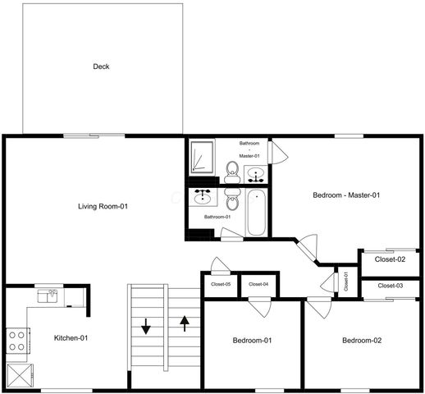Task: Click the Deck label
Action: [x=101, y=66]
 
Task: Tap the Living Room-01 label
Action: [x=102, y=206]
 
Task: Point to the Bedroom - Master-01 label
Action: [x=346, y=195]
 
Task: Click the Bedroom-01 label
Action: [x=252, y=340]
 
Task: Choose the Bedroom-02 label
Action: [x=362, y=340]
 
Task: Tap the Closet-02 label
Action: [x=390, y=259]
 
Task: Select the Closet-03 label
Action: [x=391, y=286]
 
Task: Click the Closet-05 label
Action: [x=220, y=284]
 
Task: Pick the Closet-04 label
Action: [x=258, y=284]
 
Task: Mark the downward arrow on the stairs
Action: [x=146, y=326]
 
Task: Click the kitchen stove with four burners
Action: [x=17, y=341]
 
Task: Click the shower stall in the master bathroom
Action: [x=202, y=157]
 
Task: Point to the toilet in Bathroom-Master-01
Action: [x=232, y=170]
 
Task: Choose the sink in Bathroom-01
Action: [x=201, y=197]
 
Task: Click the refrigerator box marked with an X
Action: [x=17, y=374]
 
